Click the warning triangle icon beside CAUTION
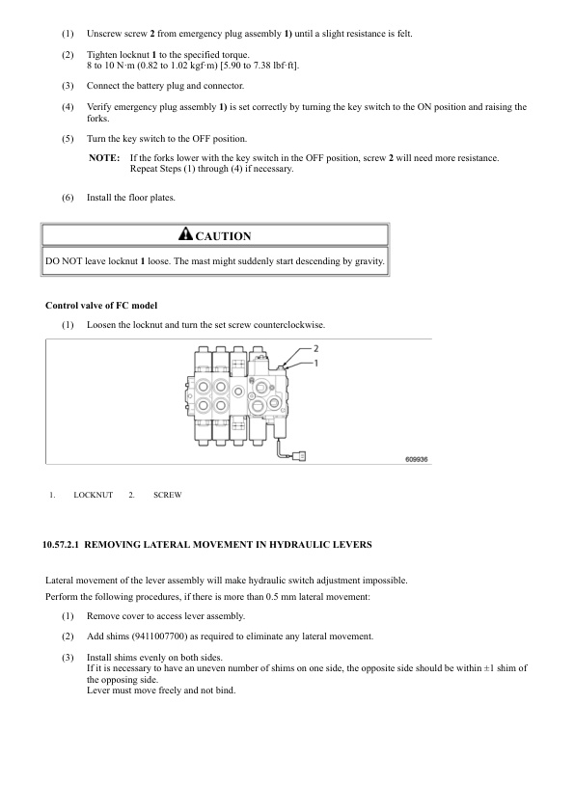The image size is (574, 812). point(185,235)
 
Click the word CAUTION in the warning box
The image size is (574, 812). point(223,236)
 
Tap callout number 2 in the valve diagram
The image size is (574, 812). point(315,346)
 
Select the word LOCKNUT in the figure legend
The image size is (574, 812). point(93,495)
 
